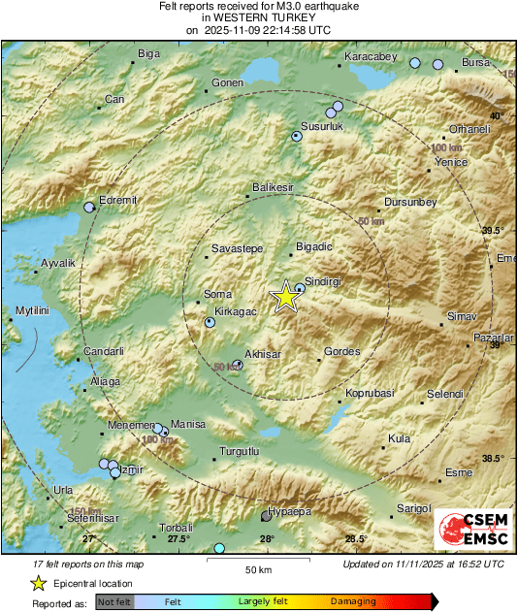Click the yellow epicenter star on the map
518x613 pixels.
285,297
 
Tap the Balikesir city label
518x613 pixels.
272,185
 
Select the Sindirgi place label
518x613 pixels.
325,278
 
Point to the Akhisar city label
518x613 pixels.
263,354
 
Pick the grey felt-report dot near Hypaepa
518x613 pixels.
267,517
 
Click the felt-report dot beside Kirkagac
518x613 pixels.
210,323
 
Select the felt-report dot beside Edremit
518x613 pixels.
90,207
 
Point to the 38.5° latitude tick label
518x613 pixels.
493,459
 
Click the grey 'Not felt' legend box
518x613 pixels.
115,601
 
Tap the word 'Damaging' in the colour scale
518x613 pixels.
353,601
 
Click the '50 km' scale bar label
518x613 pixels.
257,568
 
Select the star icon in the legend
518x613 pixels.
38,583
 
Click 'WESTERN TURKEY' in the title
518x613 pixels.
258,17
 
